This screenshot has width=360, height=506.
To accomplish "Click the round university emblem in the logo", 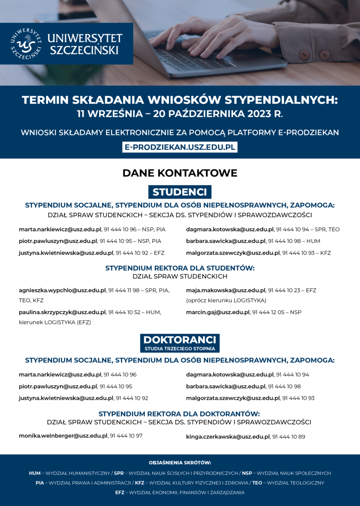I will [x=26, y=44].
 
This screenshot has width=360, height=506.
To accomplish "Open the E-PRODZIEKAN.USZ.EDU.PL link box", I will [x=180, y=147].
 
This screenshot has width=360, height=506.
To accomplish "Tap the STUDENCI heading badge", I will [x=180, y=192].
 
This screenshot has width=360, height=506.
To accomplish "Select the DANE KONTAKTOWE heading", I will [x=180, y=173].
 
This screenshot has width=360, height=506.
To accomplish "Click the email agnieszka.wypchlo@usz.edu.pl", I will [x=62, y=291].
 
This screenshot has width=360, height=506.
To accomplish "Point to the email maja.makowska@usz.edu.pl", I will [x=226, y=291].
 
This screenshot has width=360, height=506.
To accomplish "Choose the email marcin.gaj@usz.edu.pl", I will [x=218, y=312].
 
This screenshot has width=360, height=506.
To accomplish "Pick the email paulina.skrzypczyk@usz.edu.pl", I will [x=62, y=312].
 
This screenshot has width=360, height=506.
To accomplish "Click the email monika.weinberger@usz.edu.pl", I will [x=63, y=436].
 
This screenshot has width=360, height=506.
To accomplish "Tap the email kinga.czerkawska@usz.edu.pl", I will [x=228, y=437].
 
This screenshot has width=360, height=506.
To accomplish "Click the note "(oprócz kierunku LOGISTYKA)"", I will [x=226, y=301].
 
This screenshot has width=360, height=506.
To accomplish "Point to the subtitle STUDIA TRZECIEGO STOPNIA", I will [x=180, y=349].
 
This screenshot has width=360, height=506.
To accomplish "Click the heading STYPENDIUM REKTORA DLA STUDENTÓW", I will [x=180, y=268].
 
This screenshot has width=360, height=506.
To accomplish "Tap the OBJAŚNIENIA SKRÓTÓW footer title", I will [x=180, y=463].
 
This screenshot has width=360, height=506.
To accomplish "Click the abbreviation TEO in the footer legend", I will [x=257, y=483].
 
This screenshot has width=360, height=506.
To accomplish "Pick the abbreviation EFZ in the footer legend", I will [x=119, y=493].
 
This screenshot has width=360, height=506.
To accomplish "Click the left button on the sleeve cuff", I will [x=304, y=54].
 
